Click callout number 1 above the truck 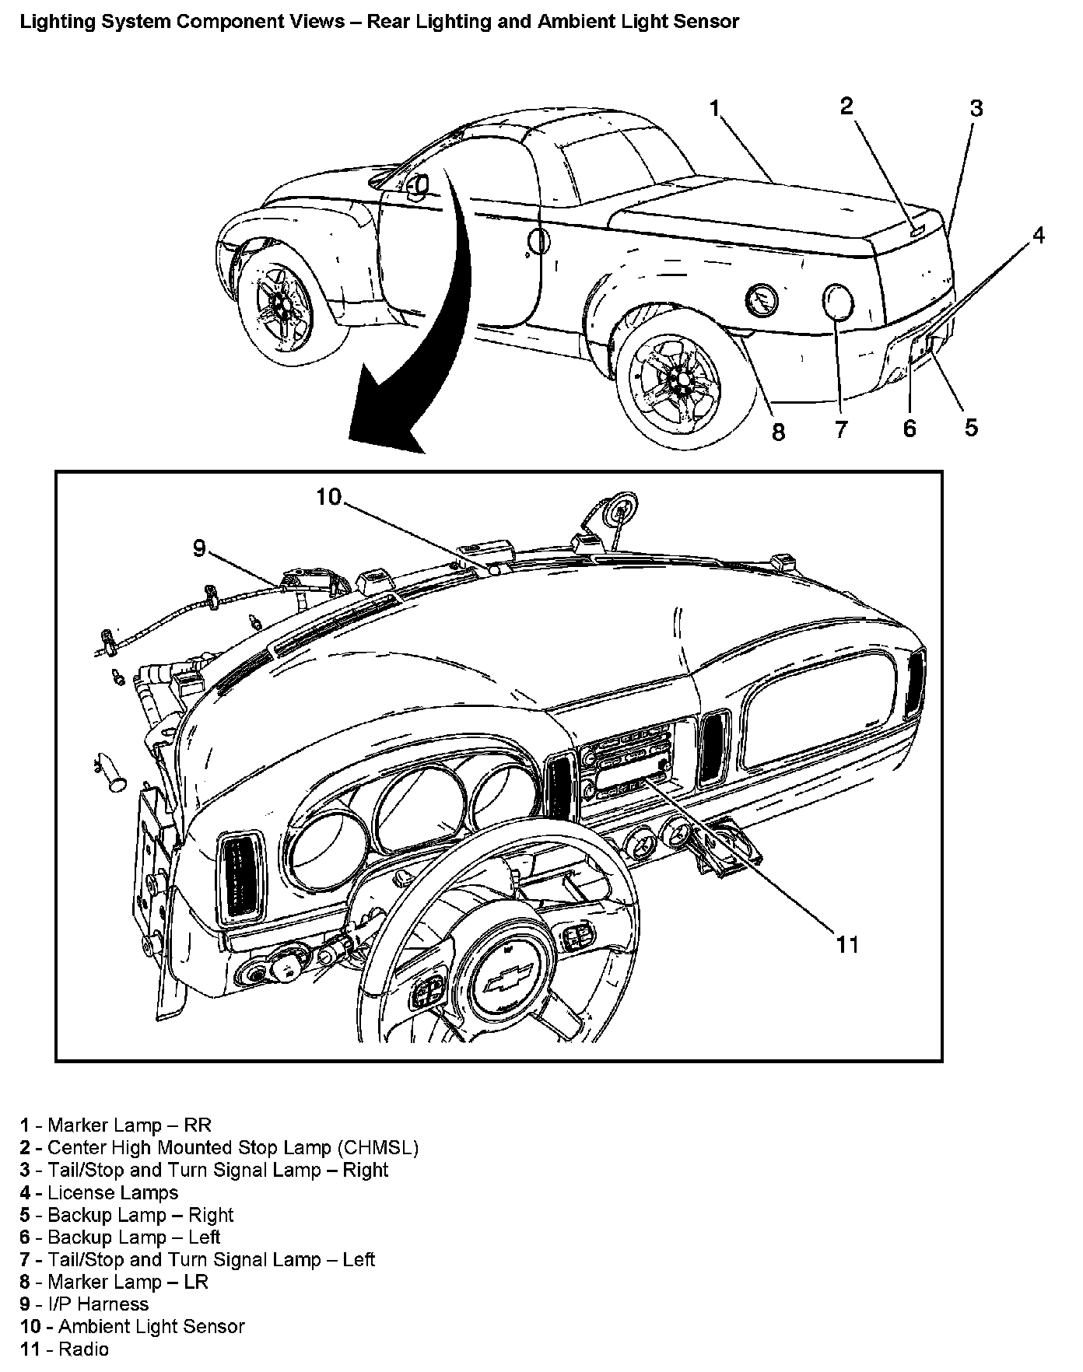click(715, 109)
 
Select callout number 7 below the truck click(841, 429)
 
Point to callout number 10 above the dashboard click(328, 496)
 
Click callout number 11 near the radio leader click(846, 944)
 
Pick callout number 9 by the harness click(200, 548)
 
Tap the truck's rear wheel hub click(679, 380)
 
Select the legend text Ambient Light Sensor click(151, 1326)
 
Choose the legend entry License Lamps click(113, 1192)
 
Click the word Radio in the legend click(83, 1349)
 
